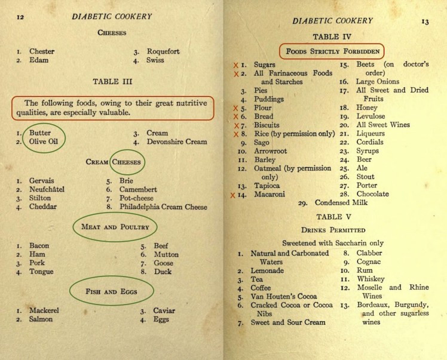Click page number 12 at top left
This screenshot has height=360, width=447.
click(x=20, y=17)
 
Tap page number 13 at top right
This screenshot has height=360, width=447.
click(x=425, y=23)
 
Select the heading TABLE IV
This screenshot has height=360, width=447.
click(x=332, y=36)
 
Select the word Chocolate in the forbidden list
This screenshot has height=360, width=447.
click(x=372, y=194)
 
